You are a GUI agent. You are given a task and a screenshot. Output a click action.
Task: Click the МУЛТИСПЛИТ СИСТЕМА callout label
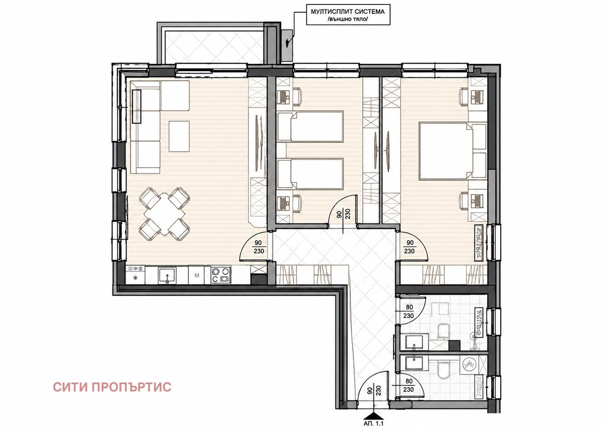(348, 15)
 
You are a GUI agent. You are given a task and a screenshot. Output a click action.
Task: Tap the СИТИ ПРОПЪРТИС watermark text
(112, 387)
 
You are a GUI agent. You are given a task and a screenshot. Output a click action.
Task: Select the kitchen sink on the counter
(167, 275)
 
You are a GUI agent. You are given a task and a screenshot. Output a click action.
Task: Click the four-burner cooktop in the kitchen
(221, 275)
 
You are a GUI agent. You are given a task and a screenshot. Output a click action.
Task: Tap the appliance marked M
(197, 275)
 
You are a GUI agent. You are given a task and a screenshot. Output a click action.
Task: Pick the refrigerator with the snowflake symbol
(136, 275)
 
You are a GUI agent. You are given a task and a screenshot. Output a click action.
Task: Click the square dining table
(164, 214)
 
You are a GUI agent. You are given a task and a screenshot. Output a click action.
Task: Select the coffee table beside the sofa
(179, 136)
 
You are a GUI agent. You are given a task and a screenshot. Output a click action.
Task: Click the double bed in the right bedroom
(453, 151)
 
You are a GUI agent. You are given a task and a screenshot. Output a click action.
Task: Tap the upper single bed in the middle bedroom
(310, 127)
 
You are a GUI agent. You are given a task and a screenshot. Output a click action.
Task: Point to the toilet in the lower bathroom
(443, 369)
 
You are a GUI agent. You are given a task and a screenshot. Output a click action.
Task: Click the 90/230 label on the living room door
(258, 247)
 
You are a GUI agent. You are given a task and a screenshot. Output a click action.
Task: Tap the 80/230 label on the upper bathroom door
(409, 311)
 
